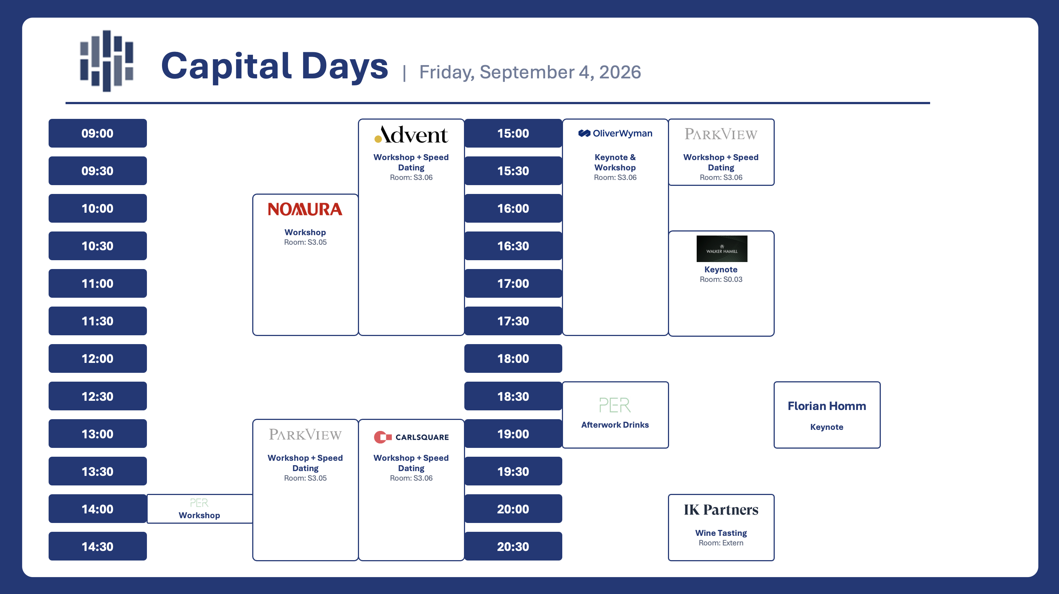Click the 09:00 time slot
point(98,133)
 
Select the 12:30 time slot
point(98,396)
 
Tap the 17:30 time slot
point(513,321)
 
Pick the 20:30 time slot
point(513,547)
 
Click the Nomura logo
point(305,209)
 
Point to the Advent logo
point(411,134)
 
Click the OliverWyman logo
point(615,133)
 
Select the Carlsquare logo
point(411,437)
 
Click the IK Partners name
point(721,510)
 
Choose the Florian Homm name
point(827,406)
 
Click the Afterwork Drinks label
point(615,425)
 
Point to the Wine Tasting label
point(721,533)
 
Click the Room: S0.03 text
point(721,279)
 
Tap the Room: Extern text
point(721,543)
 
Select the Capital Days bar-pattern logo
point(106,61)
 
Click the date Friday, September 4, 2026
point(530,72)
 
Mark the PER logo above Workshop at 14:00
point(199,503)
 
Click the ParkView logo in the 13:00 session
point(305,435)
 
